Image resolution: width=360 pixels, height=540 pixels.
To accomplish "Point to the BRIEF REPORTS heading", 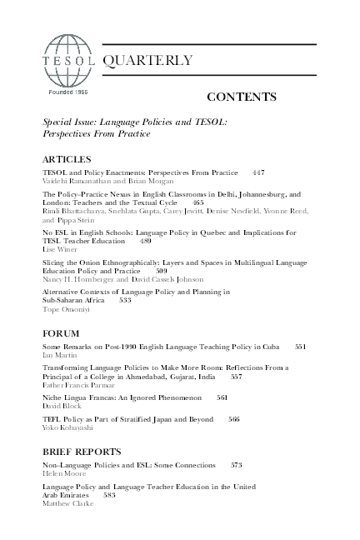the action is click(x=79, y=451).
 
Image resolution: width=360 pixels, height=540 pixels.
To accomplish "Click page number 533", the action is click(x=125, y=301).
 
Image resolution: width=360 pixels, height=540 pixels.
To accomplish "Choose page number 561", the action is click(x=222, y=397).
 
